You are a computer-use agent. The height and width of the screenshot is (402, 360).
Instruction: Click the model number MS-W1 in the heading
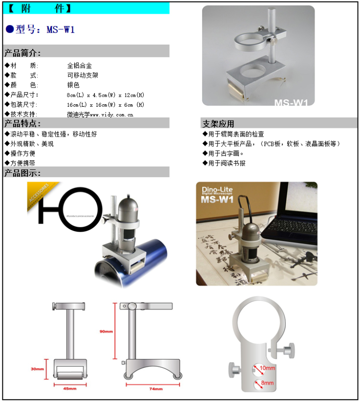pos(61,29)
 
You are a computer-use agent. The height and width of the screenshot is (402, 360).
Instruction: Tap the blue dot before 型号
pos(9,29)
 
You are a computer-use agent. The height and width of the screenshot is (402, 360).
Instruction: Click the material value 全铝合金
pos(79,65)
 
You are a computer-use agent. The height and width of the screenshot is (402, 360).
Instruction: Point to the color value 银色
pos(73,85)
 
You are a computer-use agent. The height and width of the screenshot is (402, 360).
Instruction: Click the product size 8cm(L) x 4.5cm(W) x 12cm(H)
pos(106,95)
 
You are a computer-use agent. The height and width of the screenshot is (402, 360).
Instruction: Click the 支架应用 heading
pos(218,124)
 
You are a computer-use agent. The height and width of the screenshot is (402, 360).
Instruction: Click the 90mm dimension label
pos(107,331)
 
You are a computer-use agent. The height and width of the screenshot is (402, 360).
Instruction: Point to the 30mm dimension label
pos(38,369)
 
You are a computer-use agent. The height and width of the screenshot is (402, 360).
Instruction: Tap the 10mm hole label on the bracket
pos(268,368)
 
